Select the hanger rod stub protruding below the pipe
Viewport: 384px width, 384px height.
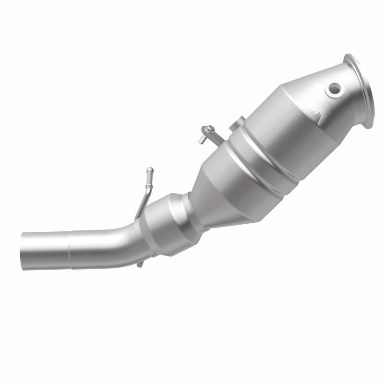click(139, 264)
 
